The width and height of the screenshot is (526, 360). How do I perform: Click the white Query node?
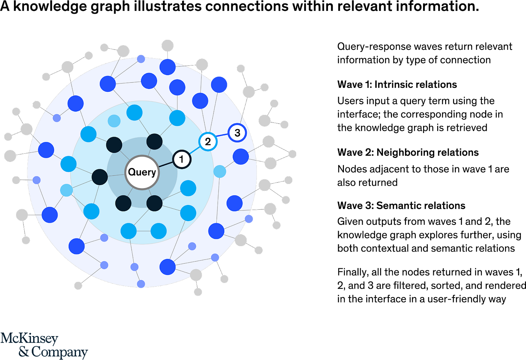point(142,172)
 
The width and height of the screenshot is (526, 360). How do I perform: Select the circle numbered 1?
point(182,159)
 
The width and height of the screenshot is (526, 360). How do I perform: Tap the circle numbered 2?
point(208,141)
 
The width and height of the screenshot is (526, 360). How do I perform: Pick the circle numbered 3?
point(237,133)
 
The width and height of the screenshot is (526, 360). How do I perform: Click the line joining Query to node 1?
point(165,164)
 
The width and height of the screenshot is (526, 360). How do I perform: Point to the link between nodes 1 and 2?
point(195,150)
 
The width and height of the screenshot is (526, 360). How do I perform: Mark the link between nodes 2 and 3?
point(222,137)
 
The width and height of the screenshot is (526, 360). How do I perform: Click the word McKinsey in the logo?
point(29,339)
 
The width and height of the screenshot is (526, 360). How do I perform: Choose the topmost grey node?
point(167,46)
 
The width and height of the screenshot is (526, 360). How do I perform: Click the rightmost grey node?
point(292,154)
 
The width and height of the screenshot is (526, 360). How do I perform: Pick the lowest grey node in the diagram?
point(198,292)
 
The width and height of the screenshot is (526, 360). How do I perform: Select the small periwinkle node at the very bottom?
point(141,284)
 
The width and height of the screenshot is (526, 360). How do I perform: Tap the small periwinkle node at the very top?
point(141,59)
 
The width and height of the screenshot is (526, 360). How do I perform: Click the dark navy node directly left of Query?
point(100,177)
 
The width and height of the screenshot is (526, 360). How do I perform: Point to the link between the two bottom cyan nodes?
point(143,231)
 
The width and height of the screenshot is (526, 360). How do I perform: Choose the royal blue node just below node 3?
point(241,157)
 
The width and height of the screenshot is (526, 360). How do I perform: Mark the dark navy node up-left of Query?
point(114,145)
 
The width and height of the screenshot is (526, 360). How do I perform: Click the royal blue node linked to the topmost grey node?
point(167,67)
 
